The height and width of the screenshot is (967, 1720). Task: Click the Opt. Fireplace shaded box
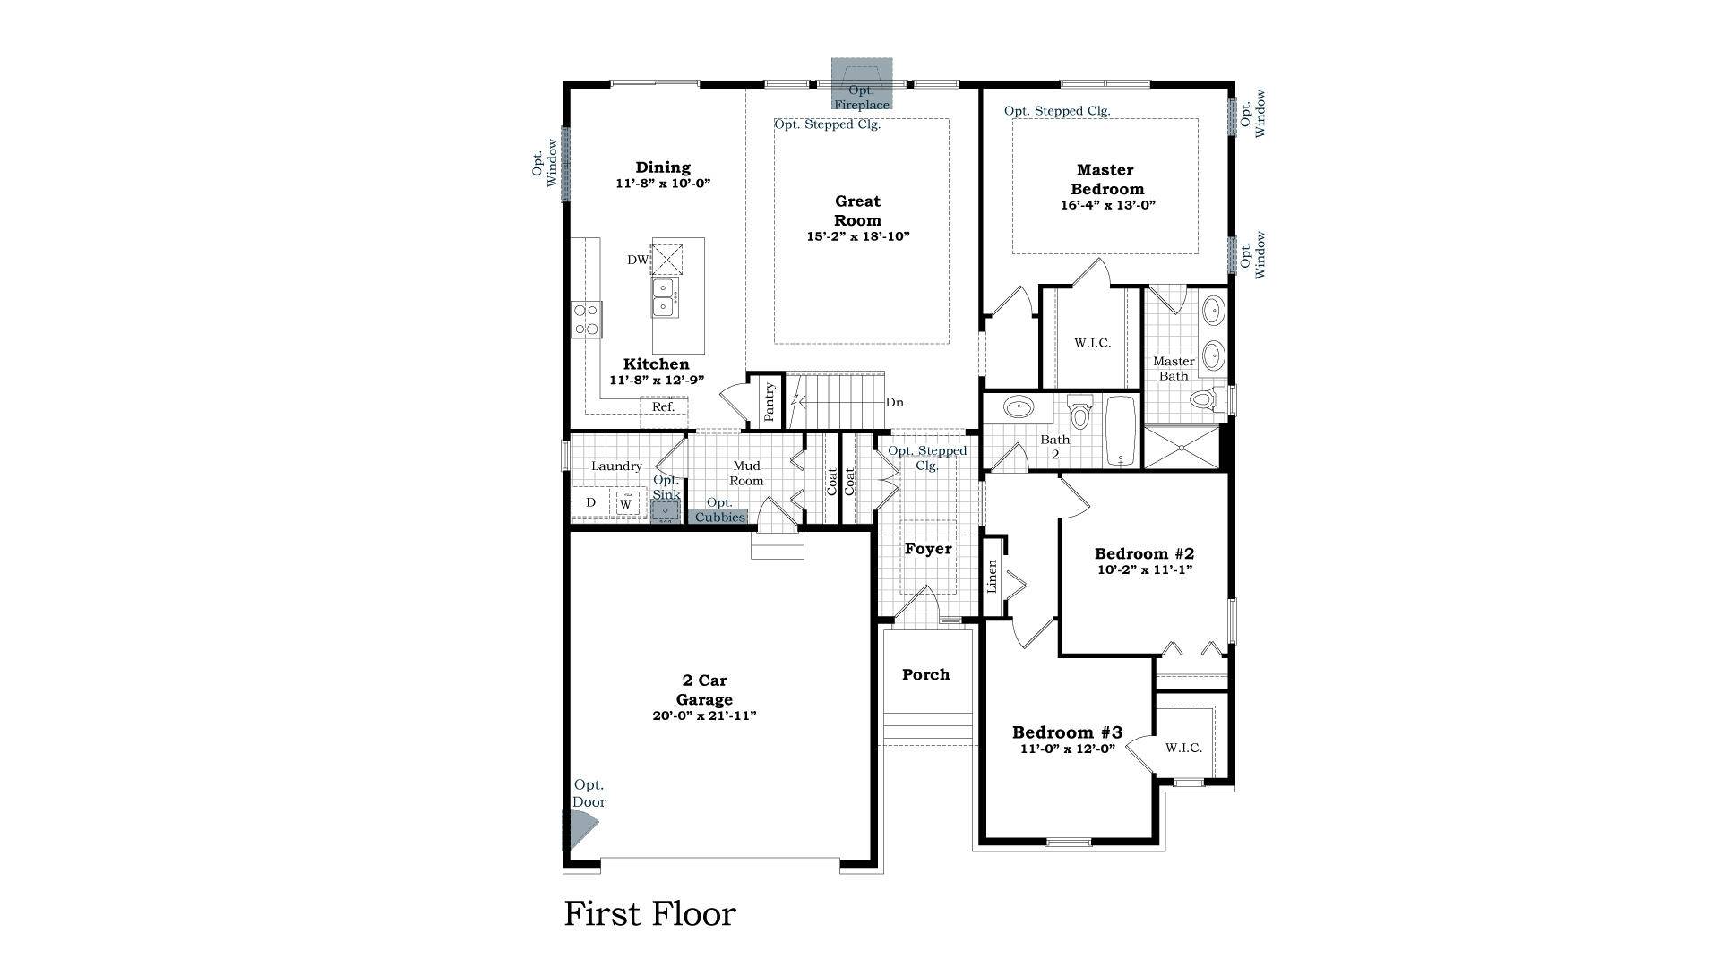pyautogui.click(x=861, y=84)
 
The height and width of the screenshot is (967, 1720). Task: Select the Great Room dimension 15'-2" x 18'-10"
pyautogui.click(x=857, y=237)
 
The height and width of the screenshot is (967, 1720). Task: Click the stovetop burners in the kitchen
pyautogui.click(x=587, y=320)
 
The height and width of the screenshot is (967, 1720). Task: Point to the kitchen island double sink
pyautogui.click(x=664, y=297)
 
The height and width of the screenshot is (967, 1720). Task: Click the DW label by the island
pyautogui.click(x=637, y=261)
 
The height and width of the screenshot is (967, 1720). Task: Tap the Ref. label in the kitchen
pyautogui.click(x=663, y=407)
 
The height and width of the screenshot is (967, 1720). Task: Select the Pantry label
pyautogui.click(x=769, y=402)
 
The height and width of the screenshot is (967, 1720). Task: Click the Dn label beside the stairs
pyautogui.click(x=894, y=403)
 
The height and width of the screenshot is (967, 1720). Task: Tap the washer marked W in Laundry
pyautogui.click(x=626, y=504)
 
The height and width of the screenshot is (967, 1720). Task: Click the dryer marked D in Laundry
pyautogui.click(x=590, y=502)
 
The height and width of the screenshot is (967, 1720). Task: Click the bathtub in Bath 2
pyautogui.click(x=1120, y=432)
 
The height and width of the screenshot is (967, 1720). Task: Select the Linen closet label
pyautogui.click(x=992, y=577)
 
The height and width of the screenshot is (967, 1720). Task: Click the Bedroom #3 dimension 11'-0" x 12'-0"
pyautogui.click(x=1067, y=749)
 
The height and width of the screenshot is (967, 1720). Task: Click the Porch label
pyautogui.click(x=925, y=674)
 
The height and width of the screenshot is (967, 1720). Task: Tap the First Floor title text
pyautogui.click(x=649, y=914)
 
